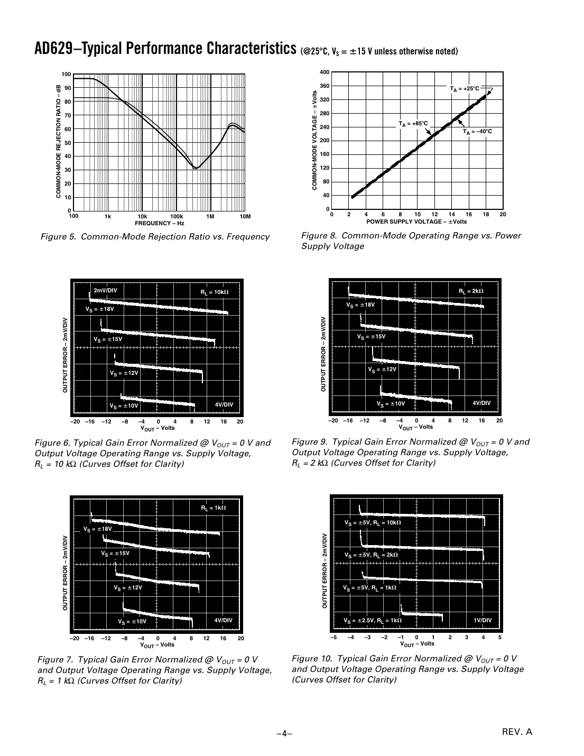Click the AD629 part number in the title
click(53, 49)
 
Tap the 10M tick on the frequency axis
click(244, 217)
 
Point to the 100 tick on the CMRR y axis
click(66, 75)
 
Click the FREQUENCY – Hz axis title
click(159, 224)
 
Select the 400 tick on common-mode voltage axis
click(325, 72)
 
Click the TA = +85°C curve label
click(413, 124)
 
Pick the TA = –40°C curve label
click(477, 132)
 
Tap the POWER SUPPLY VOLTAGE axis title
click(416, 222)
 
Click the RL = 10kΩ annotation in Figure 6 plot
click(215, 292)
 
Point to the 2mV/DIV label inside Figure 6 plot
click(105, 290)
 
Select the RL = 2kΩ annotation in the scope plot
click(470, 291)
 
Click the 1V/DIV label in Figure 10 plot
click(482, 620)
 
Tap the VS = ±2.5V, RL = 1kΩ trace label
click(373, 621)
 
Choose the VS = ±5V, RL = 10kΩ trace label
click(373, 523)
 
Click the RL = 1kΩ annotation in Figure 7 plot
click(213, 508)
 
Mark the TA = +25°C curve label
click(465, 89)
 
